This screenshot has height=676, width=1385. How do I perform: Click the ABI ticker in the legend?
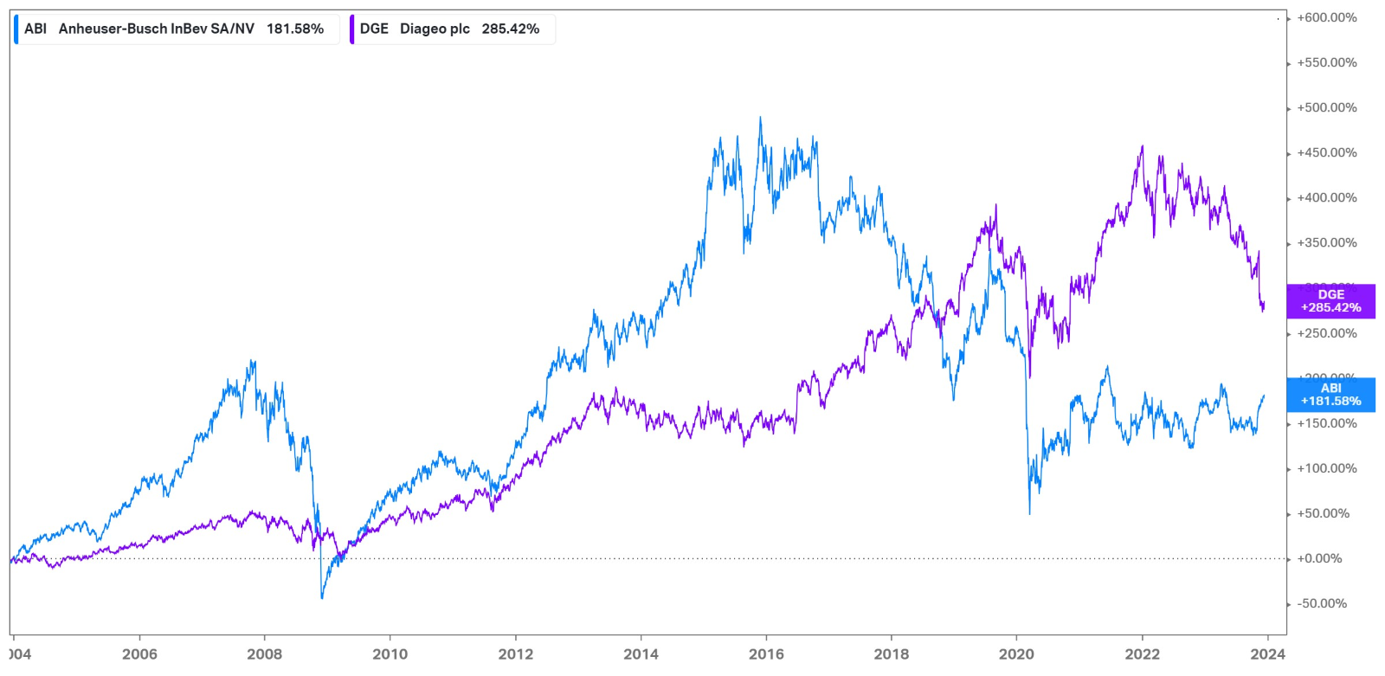click(35, 29)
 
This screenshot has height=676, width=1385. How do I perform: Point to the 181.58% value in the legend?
click(295, 29)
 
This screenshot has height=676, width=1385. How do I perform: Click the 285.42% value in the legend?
click(510, 29)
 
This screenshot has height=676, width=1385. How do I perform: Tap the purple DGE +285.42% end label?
click(1330, 301)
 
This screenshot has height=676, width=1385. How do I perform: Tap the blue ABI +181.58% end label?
click(1330, 395)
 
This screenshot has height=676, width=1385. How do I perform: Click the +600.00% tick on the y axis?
click(1326, 17)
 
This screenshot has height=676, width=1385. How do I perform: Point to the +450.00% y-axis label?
click(1326, 152)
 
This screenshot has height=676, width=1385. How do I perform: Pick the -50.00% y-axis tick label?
click(1321, 603)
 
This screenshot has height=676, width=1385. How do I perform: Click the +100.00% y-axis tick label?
click(1326, 468)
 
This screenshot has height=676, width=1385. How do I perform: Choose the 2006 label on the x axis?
click(139, 653)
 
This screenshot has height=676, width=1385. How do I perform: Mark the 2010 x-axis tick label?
click(390, 653)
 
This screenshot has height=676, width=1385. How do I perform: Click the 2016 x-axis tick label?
click(766, 653)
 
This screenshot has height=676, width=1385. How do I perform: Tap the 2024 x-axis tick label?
click(1267, 653)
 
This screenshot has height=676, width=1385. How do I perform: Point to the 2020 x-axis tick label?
click(1016, 653)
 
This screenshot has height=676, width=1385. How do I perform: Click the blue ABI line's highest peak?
click(761, 118)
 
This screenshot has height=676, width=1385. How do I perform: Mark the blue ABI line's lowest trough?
click(322, 598)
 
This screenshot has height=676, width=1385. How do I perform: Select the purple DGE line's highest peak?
click(1143, 146)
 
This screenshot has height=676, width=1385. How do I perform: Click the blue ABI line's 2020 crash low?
click(1029, 514)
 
